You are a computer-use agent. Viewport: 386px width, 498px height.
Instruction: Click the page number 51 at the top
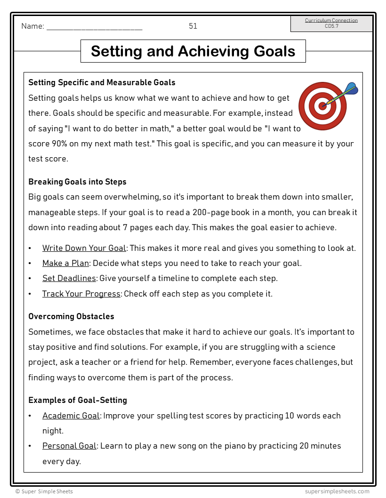click(193, 26)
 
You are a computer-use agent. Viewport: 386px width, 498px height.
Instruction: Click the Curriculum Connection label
click(331, 20)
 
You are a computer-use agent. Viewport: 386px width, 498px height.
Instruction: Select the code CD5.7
click(331, 26)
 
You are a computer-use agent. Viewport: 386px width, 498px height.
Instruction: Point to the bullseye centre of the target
click(322, 105)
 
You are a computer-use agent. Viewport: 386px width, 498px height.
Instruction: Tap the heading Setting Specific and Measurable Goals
click(102, 82)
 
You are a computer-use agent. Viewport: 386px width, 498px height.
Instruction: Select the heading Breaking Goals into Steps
click(77, 182)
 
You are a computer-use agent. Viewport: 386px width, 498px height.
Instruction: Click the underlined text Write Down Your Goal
click(84, 248)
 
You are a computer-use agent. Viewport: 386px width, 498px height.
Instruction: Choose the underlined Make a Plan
click(65, 263)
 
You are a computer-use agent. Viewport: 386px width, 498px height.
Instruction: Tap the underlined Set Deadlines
click(69, 278)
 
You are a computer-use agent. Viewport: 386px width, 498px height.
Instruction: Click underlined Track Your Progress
click(81, 294)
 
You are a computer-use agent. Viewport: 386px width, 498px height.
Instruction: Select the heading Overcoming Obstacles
click(71, 316)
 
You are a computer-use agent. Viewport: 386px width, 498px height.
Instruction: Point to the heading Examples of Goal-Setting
click(78, 400)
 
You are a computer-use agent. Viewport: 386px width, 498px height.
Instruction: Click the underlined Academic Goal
click(71, 416)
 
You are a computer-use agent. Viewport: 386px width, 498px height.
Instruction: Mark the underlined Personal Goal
click(70, 446)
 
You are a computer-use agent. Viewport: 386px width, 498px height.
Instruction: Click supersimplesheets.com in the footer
click(337, 491)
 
